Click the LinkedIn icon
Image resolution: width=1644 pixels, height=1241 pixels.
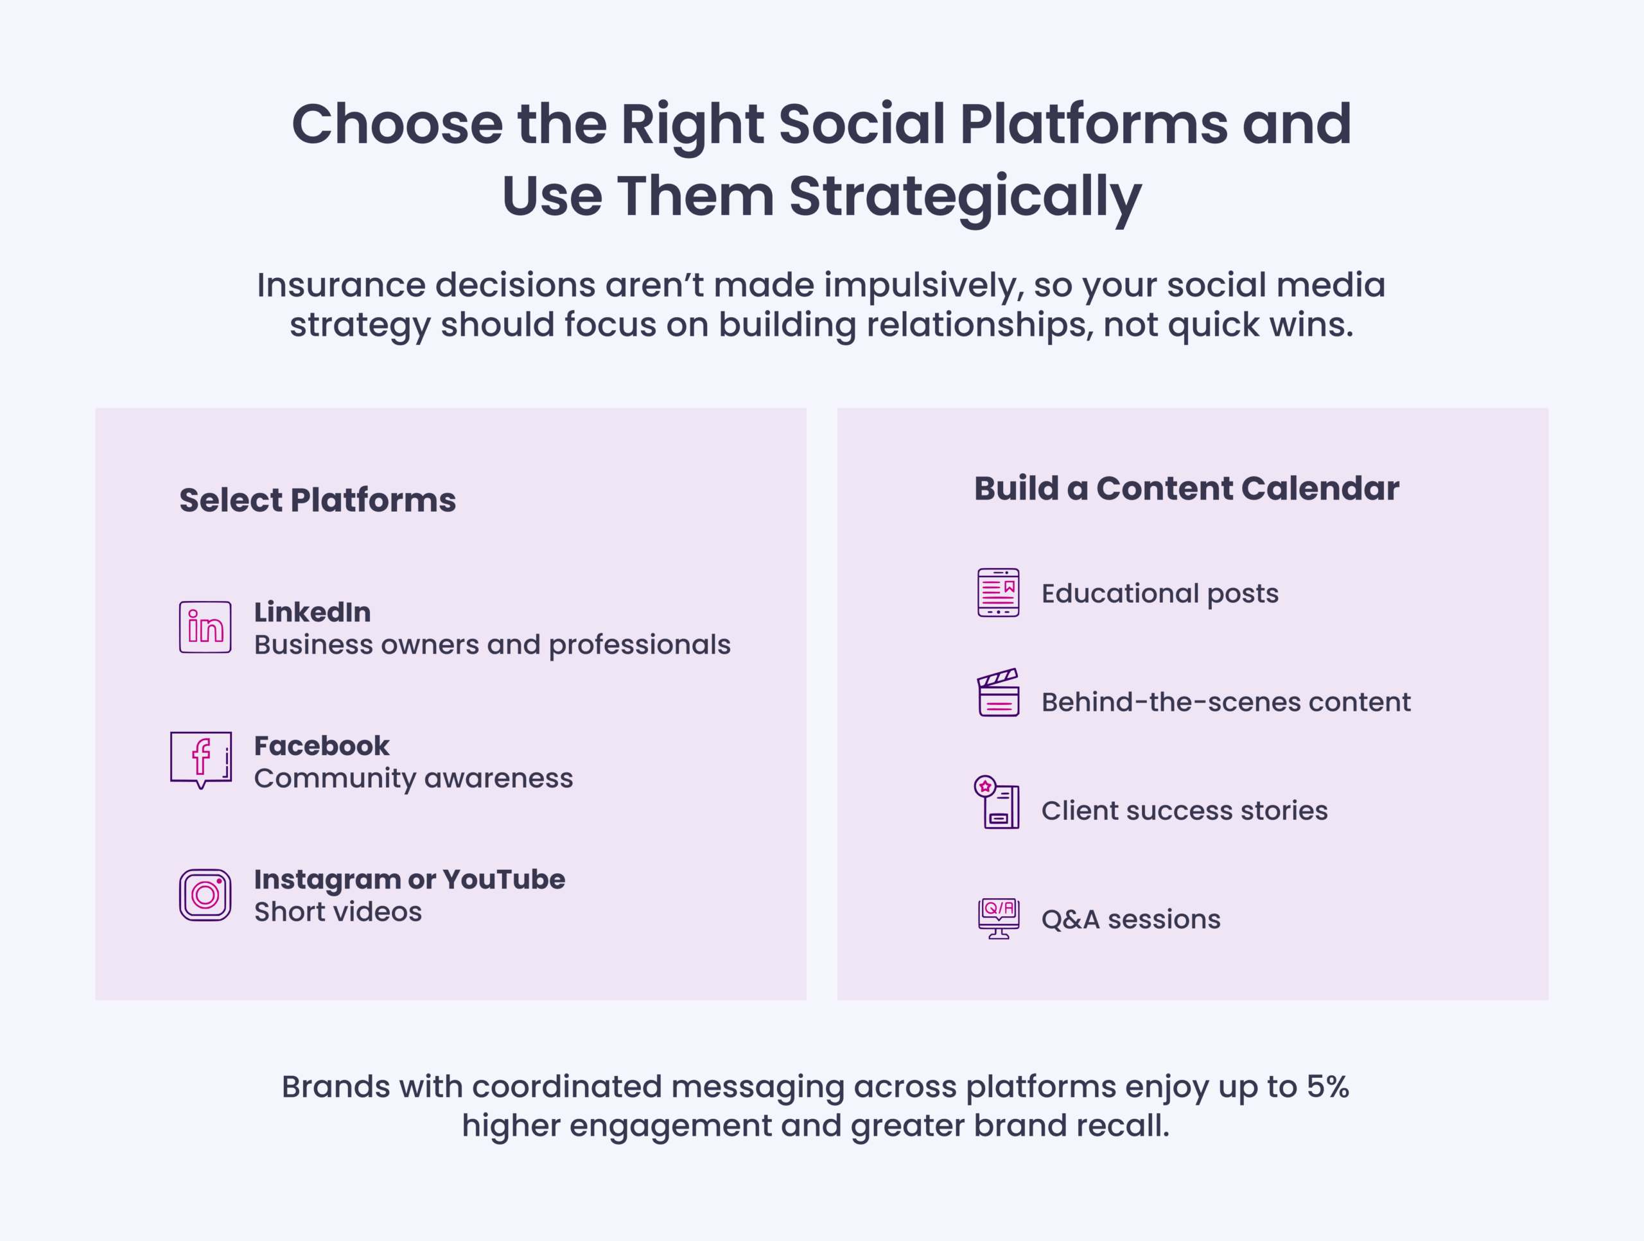coord(205,627)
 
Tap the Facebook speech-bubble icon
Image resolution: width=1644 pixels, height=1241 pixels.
coord(200,759)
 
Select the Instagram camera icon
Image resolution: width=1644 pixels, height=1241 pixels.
coord(205,895)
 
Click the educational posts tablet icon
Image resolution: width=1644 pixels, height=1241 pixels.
coord(998,593)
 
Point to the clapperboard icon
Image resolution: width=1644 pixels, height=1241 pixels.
coord(998,693)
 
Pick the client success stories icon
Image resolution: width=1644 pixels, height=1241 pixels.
coord(997,803)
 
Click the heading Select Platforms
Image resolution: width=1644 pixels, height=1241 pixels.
coord(317,500)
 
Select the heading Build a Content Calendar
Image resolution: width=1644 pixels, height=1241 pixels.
coord(1186,488)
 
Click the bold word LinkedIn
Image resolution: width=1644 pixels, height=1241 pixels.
coord(312,612)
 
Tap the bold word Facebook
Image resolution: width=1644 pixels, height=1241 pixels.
coord(321,745)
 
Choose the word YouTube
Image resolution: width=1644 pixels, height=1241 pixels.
coord(504,879)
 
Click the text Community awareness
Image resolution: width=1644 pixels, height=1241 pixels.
coord(413,778)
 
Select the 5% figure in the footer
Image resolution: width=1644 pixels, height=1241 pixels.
coord(1327,1086)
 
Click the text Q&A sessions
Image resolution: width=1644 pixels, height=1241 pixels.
coord(1130,919)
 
